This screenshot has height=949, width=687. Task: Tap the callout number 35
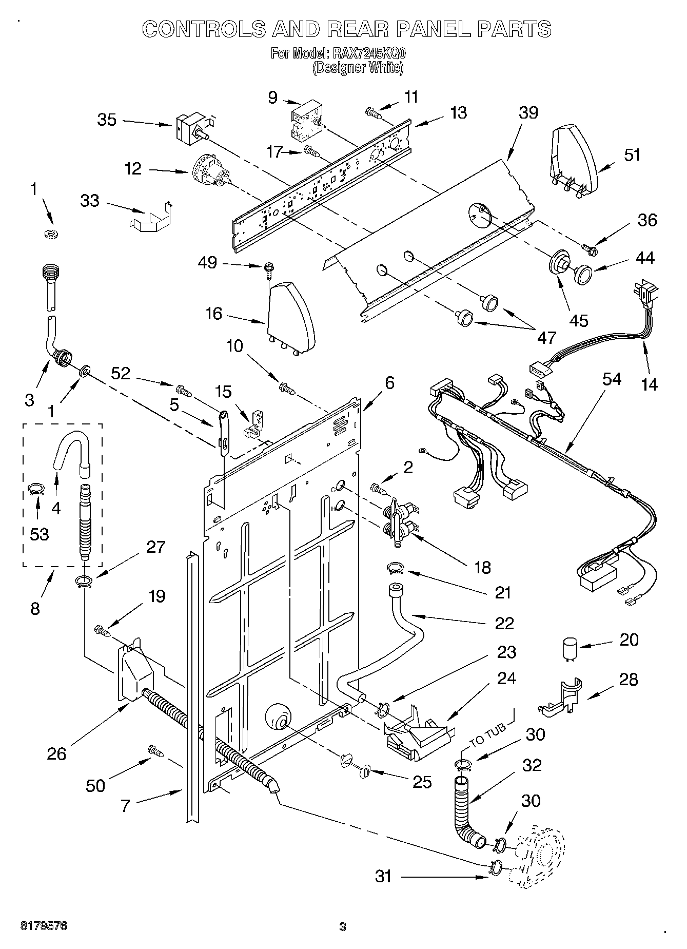point(107,120)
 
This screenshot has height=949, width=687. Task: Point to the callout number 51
point(632,155)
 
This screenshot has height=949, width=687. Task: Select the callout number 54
point(612,380)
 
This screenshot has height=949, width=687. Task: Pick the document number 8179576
point(44,926)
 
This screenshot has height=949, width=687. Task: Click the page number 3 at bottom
point(343,927)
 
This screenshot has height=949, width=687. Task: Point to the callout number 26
point(56,753)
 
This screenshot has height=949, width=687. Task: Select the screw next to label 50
point(155,750)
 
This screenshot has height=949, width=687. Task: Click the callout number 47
point(547,337)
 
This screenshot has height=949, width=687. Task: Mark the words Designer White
point(358,68)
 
